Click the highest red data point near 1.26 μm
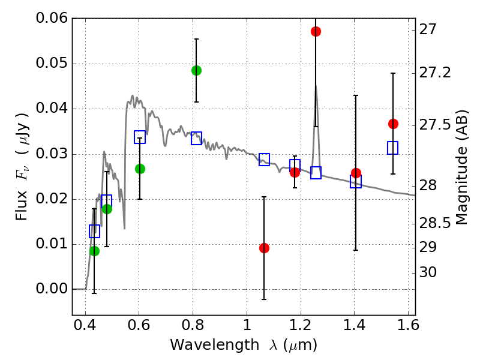click(x=316, y=31)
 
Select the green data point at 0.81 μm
click(x=196, y=70)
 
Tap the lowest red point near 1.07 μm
click(x=264, y=248)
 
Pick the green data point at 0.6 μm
click(x=140, y=169)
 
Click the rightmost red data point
click(x=393, y=124)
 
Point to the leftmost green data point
click(x=94, y=251)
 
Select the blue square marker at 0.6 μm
click(x=140, y=137)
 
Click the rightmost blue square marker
click(x=393, y=148)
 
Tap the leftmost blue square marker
click(x=94, y=231)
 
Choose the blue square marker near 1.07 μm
click(x=264, y=160)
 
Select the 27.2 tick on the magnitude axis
click(x=437, y=73)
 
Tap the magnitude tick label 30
click(x=429, y=273)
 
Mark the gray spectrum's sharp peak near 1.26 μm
click(x=316, y=86)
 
